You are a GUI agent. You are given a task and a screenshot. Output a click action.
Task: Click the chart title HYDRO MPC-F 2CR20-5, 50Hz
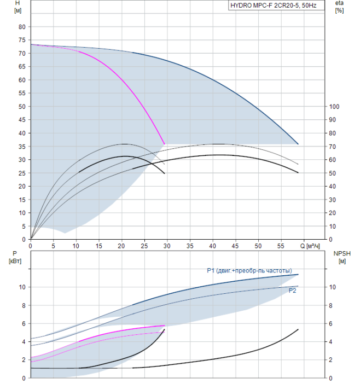pos(274,5)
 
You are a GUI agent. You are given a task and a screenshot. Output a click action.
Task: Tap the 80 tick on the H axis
pos(22,27)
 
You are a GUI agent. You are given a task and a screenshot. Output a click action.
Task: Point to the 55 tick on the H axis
pos(22,93)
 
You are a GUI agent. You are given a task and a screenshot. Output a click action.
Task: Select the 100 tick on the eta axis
pos(334,107)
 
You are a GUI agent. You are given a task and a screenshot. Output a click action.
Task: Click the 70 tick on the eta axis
pos(333,147)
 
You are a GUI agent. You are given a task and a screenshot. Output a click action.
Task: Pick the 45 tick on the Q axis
pos(235,246)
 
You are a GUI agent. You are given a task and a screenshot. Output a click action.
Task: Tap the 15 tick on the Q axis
pos(98,246)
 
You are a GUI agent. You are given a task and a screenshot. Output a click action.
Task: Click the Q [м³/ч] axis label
pos(310,246)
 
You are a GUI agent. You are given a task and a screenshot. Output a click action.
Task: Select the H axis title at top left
pos(18,7)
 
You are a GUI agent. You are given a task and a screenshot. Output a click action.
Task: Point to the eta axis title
pos(339,7)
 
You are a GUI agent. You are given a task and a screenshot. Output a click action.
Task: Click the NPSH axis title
pos(342,258)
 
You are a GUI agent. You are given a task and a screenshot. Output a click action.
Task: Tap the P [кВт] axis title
pos(15,258)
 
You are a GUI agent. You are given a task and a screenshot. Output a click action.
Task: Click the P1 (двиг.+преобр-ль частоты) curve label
pos(249,271)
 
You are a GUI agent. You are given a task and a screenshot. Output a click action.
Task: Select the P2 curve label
pos(292,291)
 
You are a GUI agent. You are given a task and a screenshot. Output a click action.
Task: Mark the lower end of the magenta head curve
pos(164,144)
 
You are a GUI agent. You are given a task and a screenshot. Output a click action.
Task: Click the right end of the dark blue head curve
pos(298,144)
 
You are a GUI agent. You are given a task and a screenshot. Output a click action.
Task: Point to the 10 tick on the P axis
pos(22,287)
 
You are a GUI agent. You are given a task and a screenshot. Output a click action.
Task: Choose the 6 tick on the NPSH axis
pos(330,324)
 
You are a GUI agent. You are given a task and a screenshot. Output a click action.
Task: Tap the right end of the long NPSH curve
pos(298,329)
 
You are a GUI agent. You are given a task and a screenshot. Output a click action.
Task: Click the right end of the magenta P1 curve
pos(165,326)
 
